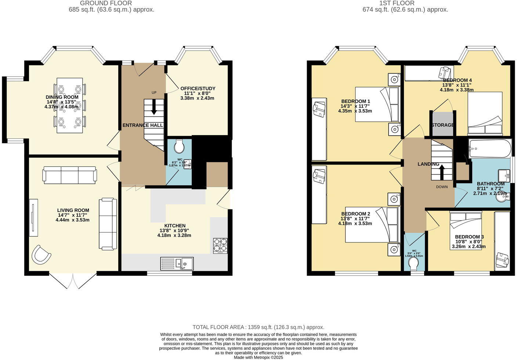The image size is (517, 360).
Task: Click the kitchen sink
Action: [177, 264]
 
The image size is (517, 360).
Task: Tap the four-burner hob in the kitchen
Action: [220, 246]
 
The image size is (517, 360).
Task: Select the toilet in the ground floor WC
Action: [179, 146]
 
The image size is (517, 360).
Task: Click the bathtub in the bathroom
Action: [490, 148]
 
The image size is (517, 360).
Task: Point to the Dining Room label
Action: [62, 97]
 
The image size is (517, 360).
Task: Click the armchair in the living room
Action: [41, 255]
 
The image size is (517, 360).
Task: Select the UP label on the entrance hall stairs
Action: [154, 93]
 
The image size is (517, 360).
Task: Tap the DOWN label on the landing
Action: [442, 187]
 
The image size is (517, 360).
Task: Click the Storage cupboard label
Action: [442, 125]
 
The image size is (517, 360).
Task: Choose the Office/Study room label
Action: [198, 89]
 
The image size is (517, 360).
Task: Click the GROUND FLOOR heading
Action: [111, 3]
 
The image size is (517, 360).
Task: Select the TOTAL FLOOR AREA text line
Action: [258, 327]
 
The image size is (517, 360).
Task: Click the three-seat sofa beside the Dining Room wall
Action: [70, 175]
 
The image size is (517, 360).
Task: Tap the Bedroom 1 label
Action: [355, 101]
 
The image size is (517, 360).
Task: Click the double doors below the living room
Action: [73, 281]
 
